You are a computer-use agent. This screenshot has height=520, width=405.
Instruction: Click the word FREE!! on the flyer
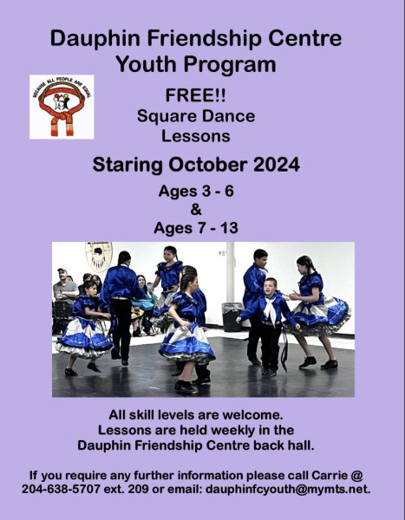(195, 95)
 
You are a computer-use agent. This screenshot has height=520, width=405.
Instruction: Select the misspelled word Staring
(127, 166)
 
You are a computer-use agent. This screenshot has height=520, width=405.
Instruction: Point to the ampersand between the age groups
(196, 210)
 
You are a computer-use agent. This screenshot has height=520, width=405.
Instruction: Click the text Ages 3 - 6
(196, 191)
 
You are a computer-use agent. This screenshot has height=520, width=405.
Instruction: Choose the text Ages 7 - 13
(196, 228)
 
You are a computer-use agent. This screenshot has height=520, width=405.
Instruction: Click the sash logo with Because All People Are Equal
(62, 107)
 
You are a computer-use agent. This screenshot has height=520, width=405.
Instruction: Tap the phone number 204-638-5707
(61, 489)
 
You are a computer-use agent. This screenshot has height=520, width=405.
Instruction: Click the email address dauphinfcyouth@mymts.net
(288, 489)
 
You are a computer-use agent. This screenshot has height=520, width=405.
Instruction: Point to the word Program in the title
(230, 65)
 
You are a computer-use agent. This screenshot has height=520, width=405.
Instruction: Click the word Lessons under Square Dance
(196, 136)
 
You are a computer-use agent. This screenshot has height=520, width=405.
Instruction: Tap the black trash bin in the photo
(232, 317)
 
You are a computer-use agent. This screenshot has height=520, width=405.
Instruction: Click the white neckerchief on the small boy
(271, 311)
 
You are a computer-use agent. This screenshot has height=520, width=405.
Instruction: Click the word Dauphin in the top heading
(95, 38)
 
